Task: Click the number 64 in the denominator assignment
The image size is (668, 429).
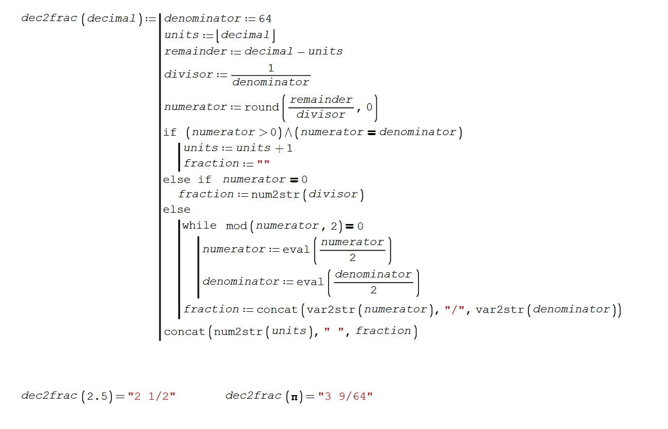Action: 265,19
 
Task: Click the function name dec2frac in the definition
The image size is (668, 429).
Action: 49,18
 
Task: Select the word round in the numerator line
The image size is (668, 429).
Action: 261,107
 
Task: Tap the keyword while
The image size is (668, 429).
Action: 199,226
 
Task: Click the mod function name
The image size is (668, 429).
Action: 236,226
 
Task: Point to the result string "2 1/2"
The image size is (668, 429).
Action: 152,396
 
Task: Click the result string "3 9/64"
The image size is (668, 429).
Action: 345,396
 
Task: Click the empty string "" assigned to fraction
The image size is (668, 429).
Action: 263,164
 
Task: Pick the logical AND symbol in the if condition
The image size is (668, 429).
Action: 288,133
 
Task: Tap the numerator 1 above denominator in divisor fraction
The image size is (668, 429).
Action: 271,68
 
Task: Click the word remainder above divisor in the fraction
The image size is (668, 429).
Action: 321,100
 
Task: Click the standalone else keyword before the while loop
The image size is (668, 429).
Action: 177,210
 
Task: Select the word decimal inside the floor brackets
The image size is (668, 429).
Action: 245,35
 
